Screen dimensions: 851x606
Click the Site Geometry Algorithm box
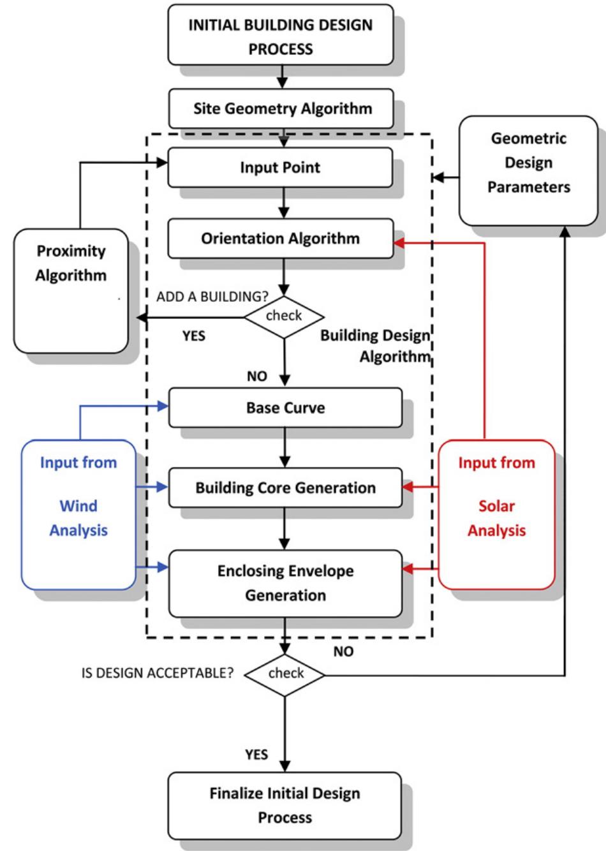(x=281, y=108)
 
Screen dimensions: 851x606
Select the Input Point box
(x=280, y=168)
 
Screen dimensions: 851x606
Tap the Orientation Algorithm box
(x=281, y=239)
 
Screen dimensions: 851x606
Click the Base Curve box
(x=285, y=408)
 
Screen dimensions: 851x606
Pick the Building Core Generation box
(x=285, y=488)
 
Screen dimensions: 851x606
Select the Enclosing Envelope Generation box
(x=285, y=583)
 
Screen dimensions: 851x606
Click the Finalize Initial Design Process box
(x=285, y=806)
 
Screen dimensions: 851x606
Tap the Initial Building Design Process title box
(x=281, y=36)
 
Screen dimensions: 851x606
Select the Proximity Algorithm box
(x=71, y=290)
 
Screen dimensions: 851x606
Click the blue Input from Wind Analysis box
(x=78, y=514)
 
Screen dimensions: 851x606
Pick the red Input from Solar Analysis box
(x=496, y=514)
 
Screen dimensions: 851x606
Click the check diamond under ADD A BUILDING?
(x=285, y=316)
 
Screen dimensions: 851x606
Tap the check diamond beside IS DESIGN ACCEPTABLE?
(x=285, y=674)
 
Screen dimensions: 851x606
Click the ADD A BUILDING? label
(x=212, y=297)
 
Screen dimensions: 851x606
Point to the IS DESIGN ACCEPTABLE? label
(x=158, y=673)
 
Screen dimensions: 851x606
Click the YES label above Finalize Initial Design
(x=256, y=755)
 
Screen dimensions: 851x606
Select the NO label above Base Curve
(x=256, y=376)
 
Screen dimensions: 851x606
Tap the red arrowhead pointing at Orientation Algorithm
(x=400, y=242)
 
